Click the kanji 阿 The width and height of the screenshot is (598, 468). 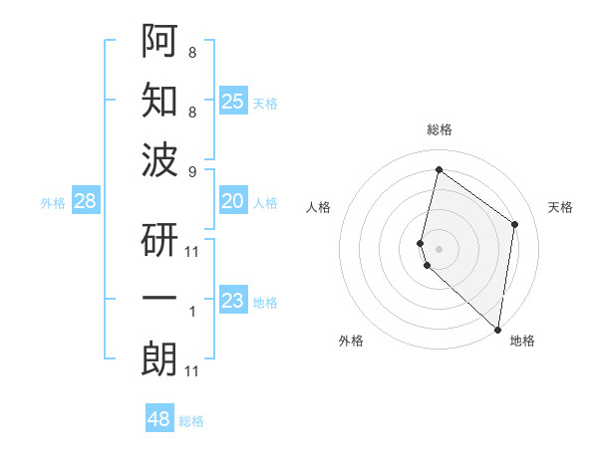point(159,41)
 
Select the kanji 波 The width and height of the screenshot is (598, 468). point(159,158)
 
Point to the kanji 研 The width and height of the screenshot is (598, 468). point(159,239)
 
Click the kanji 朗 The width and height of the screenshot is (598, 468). point(159,358)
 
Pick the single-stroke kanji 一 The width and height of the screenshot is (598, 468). point(159,298)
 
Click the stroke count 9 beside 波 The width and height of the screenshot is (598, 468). point(192,172)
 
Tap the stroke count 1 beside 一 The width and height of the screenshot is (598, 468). point(192,312)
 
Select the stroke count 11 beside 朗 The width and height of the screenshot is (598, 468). point(192,371)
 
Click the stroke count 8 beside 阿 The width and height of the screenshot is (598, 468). point(192,52)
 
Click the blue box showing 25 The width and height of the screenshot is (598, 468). point(233,101)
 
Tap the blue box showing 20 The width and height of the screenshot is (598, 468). point(233,201)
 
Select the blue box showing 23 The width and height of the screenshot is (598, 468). point(233,301)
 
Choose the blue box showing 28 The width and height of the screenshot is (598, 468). point(86,201)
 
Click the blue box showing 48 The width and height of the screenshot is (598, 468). point(159,419)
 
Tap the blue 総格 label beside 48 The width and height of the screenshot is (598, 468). point(191,421)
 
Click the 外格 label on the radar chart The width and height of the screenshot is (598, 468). point(351,341)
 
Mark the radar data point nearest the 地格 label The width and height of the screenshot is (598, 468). point(497,330)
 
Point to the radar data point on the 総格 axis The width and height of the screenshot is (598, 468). point(438,169)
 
